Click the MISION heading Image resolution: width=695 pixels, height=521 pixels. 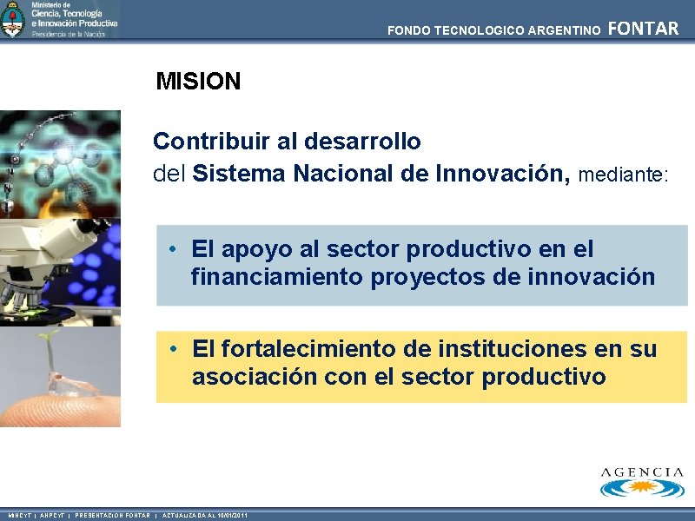[198, 82]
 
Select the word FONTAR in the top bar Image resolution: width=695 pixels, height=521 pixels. [644, 29]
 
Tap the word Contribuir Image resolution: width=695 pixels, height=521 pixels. [206, 141]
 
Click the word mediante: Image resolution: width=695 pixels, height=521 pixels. [624, 175]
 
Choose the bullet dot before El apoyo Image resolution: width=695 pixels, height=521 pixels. [175, 249]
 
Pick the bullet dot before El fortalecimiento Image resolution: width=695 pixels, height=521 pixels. [175, 349]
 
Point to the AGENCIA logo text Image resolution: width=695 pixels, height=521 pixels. [642, 472]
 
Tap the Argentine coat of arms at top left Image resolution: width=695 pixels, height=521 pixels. [13, 19]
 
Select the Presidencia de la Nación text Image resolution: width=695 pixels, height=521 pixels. [69, 34]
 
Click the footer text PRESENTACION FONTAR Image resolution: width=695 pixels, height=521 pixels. [112, 516]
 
